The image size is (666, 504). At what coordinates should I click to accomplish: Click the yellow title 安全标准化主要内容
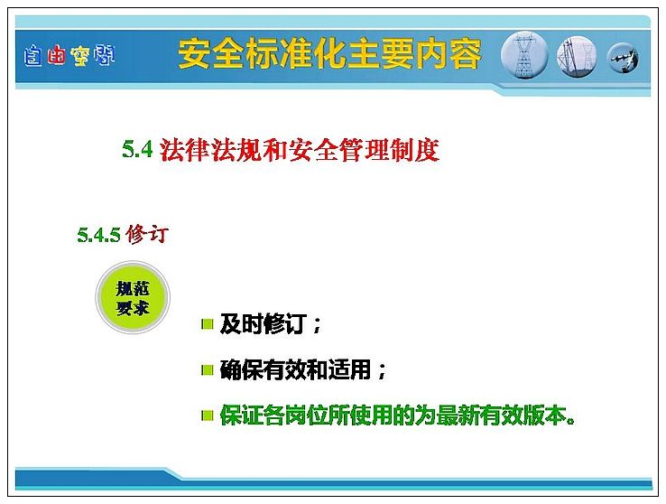(329, 54)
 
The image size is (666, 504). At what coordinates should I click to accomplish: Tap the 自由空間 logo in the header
(69, 56)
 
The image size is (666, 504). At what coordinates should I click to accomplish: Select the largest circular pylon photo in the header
(524, 56)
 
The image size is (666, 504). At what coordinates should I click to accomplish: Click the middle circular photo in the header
(577, 57)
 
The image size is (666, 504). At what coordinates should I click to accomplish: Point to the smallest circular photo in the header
(623, 58)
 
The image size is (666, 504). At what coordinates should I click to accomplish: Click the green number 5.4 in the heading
(137, 149)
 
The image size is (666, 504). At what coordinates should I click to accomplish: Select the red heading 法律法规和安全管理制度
(300, 150)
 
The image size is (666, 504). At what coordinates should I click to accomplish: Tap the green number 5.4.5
(99, 235)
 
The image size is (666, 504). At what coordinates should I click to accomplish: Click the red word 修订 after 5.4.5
(147, 234)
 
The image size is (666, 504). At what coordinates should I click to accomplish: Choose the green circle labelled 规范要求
(133, 297)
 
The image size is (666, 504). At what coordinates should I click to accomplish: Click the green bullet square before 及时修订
(207, 324)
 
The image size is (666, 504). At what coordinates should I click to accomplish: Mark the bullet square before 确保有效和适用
(207, 370)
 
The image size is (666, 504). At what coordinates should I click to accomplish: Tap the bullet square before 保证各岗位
(207, 415)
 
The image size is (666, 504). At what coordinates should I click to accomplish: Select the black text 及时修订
(264, 324)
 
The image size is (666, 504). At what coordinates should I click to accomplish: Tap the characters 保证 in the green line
(241, 415)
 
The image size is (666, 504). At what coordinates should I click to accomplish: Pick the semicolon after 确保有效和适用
(382, 370)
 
